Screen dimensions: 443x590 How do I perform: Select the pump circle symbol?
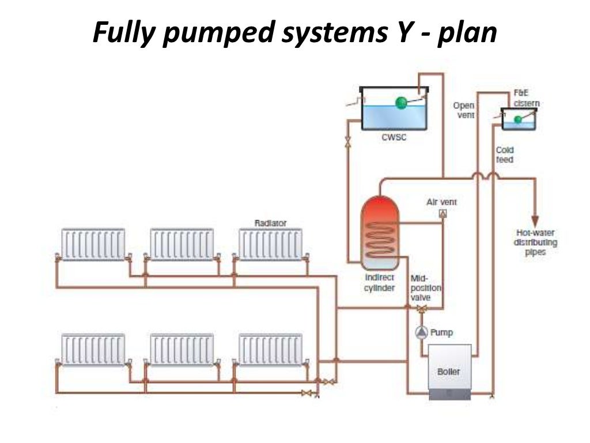[421, 332]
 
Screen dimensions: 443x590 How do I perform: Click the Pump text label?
[442, 332]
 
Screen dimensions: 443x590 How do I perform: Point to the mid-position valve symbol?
[422, 309]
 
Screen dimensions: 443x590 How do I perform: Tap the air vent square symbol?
[442, 214]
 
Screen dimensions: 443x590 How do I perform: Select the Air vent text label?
[441, 202]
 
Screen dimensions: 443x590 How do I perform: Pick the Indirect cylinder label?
[379, 283]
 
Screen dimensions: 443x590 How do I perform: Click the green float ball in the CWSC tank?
[401, 103]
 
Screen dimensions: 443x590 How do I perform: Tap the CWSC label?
[394, 138]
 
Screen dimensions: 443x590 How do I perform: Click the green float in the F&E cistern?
[518, 119]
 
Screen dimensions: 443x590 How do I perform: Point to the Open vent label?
[463, 110]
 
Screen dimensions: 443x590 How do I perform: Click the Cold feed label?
[505, 155]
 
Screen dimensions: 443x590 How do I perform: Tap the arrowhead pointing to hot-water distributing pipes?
[535, 221]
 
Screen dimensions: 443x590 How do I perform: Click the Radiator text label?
[270, 223]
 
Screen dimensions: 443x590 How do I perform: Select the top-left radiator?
[93, 245]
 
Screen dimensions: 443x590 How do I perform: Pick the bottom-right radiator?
[270, 350]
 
